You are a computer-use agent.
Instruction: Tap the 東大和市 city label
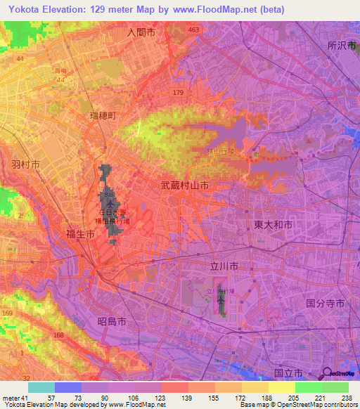[x=272, y=225]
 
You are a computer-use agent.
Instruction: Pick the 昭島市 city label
[x=112, y=320]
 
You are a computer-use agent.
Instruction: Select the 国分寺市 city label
[x=325, y=304]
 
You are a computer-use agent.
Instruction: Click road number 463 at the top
[x=194, y=30]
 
